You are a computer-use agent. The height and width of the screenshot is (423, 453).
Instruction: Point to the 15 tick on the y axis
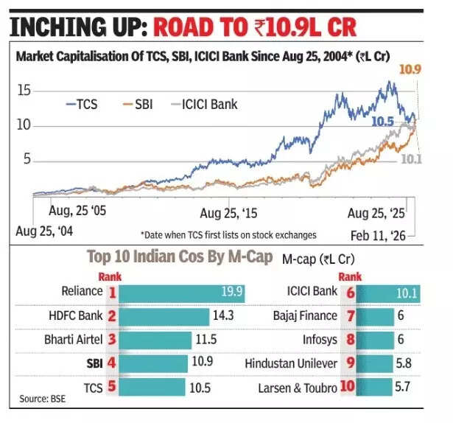[24, 90]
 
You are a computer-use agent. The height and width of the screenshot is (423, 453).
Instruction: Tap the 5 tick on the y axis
[27, 158]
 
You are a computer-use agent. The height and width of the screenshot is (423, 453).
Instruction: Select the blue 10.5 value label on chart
[382, 121]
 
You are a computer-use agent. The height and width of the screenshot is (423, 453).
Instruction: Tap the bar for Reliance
[181, 292]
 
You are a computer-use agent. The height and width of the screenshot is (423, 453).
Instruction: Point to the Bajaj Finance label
[303, 315]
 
